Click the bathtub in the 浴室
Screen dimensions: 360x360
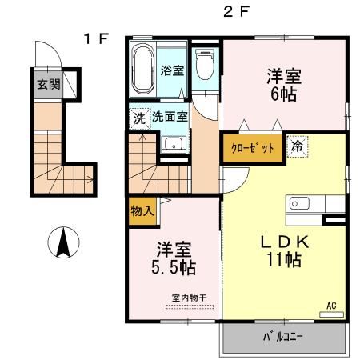pos(143,70)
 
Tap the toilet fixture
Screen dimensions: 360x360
pos(205,65)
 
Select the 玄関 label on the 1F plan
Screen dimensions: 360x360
pos(48,85)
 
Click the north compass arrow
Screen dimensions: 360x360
pos(63,242)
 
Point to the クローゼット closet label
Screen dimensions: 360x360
pos(252,148)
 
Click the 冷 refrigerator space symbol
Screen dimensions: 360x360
pos(298,146)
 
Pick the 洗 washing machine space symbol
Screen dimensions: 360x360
pos(140,119)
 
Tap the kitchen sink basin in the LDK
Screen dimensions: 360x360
pos(299,204)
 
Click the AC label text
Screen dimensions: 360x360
pos(331,306)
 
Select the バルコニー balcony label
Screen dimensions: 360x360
pos(282,337)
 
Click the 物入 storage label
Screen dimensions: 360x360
pos(142,211)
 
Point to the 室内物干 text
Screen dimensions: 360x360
pos(190,298)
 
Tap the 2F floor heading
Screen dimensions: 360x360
pos(236,12)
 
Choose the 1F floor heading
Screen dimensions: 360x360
pos(96,39)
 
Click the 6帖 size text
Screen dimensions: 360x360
pos(283,94)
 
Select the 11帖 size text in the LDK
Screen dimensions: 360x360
pos(284,259)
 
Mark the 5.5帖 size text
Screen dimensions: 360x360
pos(174,267)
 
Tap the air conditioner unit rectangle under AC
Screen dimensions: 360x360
pos(331,314)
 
